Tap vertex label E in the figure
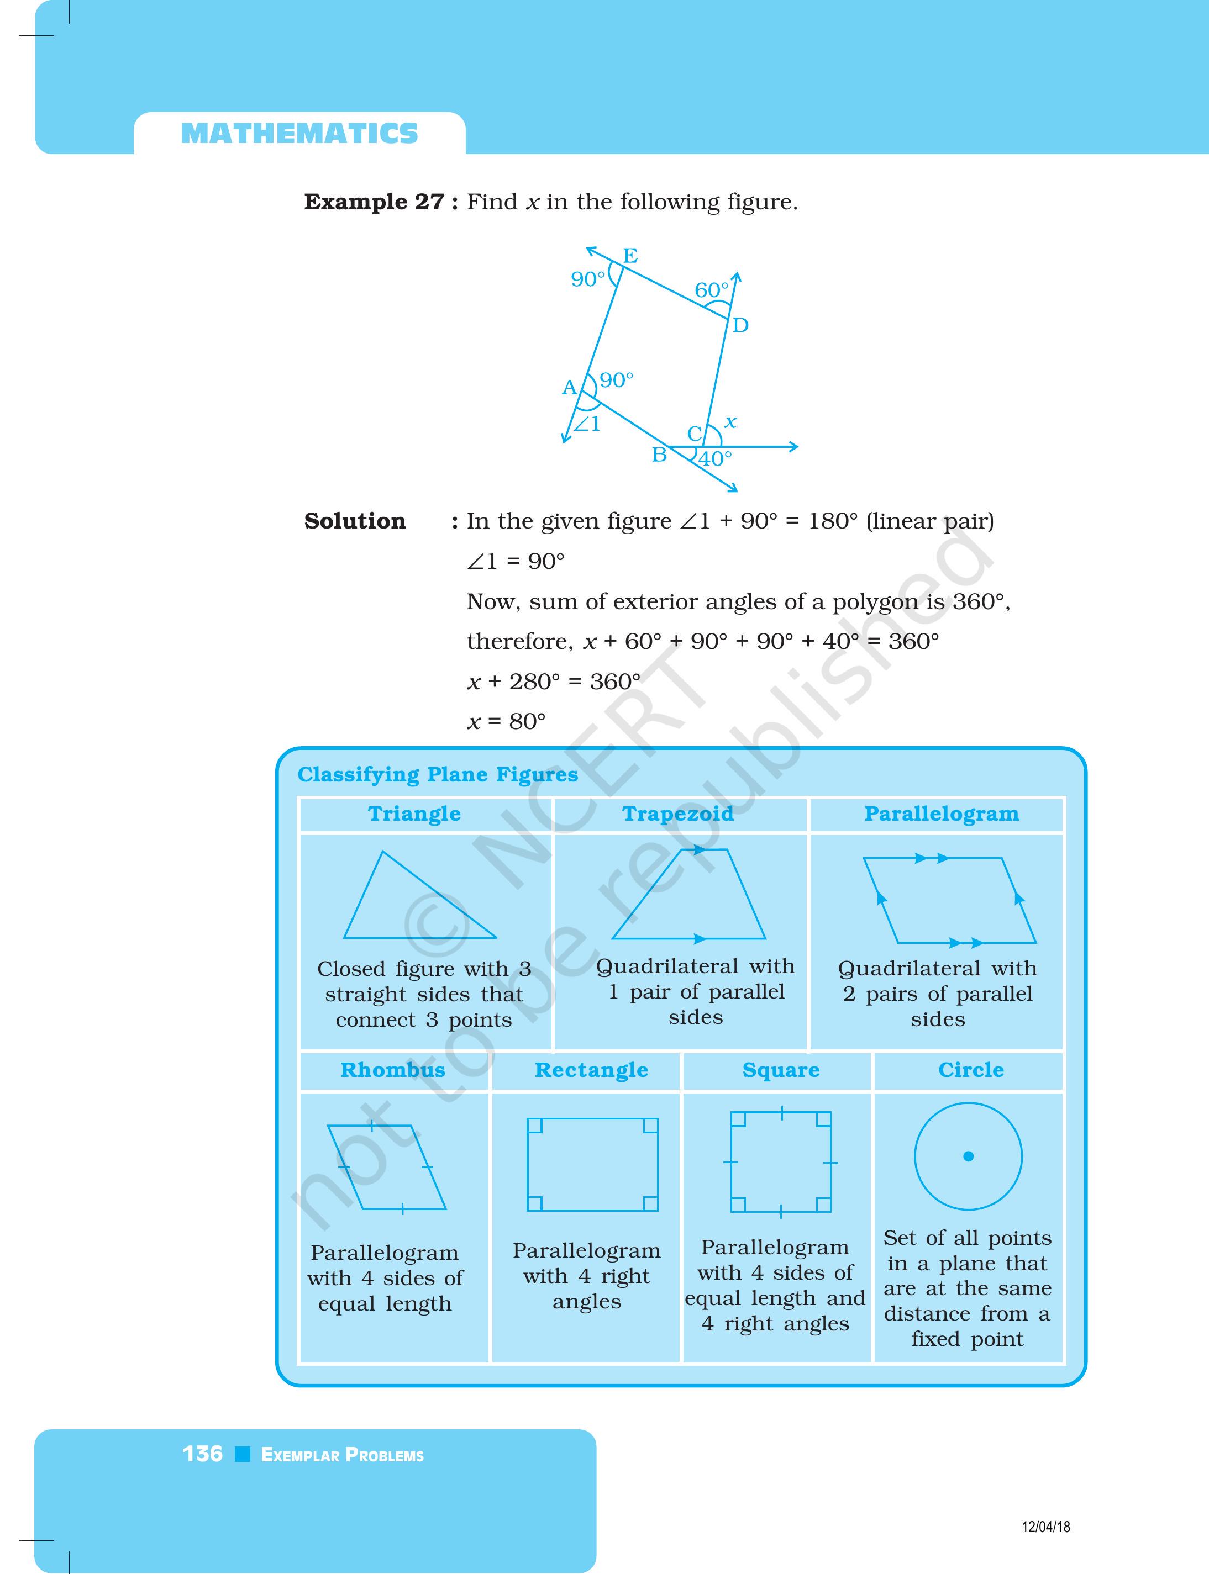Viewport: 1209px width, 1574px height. [630, 255]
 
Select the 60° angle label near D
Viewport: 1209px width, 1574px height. [711, 290]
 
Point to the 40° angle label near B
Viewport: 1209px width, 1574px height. [716, 458]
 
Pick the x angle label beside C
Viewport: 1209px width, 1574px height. [730, 422]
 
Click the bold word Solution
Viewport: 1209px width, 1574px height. [355, 521]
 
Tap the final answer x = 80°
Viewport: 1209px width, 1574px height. [507, 721]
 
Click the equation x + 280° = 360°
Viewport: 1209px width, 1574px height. [554, 682]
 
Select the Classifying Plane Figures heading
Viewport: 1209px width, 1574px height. [438, 775]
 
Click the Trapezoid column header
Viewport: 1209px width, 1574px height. [678, 814]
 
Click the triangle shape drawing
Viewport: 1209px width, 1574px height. [407, 906]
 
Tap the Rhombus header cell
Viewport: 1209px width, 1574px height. [393, 1070]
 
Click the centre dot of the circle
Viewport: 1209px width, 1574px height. [968, 1156]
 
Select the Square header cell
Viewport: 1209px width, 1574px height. [781, 1070]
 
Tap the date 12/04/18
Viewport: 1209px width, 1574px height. [1045, 1526]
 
